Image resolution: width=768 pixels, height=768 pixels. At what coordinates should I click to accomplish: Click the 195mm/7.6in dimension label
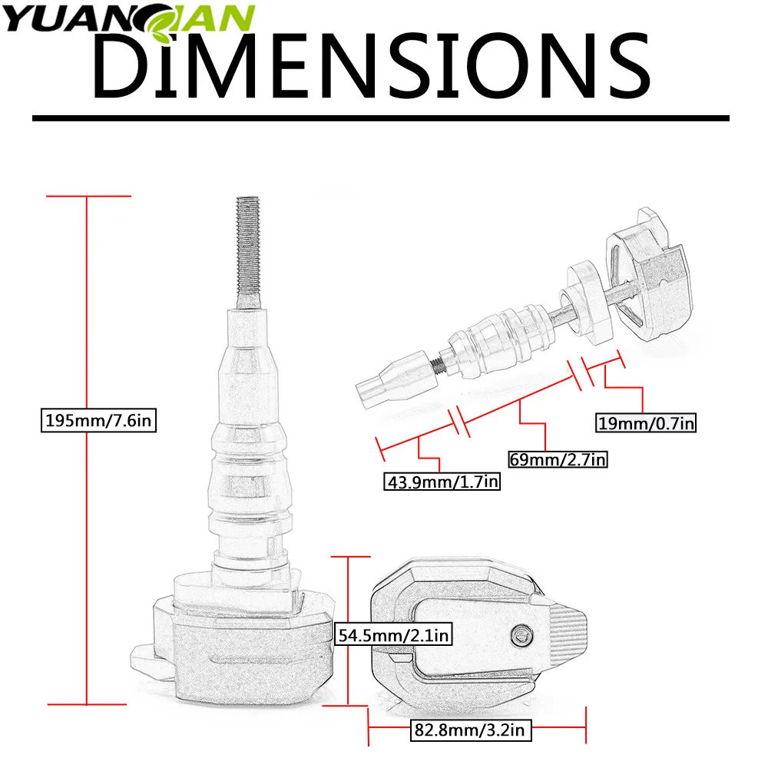point(98,420)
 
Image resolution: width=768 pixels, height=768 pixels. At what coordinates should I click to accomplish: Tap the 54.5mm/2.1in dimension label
point(393,635)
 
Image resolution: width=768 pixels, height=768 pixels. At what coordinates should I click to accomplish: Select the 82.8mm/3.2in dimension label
point(470,730)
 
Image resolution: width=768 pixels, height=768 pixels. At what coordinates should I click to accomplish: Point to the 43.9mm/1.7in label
point(442,482)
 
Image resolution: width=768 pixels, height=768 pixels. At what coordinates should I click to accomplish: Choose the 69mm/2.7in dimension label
point(558,459)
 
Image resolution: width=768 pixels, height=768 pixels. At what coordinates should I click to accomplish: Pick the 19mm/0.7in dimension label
point(646,423)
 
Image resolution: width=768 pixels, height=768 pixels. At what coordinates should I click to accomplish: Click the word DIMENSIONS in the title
point(372,65)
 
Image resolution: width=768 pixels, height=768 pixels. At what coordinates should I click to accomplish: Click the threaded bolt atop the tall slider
point(249,252)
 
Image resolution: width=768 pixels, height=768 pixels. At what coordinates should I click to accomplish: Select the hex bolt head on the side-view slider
point(521,635)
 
